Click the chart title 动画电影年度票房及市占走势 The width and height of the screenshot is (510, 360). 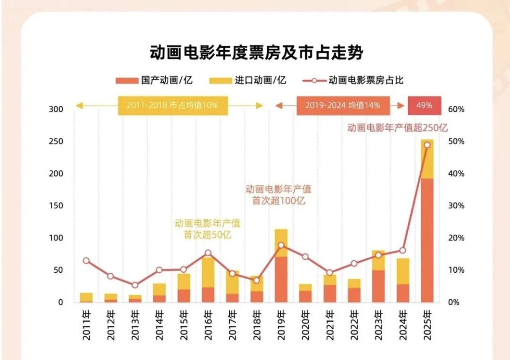coord(256,52)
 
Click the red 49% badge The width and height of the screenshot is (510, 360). coord(424,105)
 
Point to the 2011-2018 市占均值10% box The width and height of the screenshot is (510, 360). coord(172,105)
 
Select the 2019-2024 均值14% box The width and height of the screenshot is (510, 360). coord(343,105)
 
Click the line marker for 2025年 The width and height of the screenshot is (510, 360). coord(427,145)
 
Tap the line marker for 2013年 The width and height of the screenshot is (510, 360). coord(135,285)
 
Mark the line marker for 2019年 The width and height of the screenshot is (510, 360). coord(281,245)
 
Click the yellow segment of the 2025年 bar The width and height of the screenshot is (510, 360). coord(427,159)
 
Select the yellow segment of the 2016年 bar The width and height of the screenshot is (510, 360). coord(208,272)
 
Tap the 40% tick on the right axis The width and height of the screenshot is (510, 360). coord(456,174)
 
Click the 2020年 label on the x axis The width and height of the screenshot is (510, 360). coord(305,325)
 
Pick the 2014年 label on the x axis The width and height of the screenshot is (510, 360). coord(159,325)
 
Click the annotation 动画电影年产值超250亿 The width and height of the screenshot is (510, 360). coord(397,127)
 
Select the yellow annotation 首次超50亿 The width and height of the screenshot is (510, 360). coord(207,234)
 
